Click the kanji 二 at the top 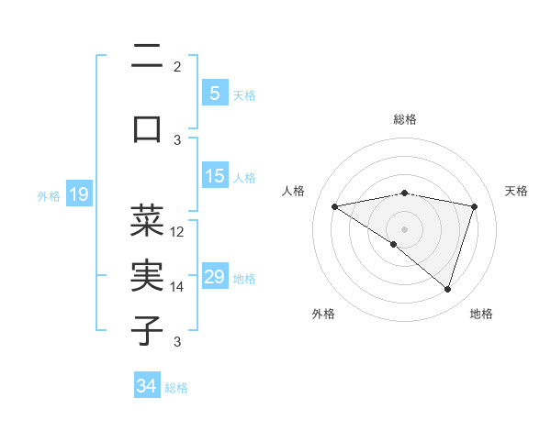coord(148,59)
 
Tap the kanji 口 coord(148,127)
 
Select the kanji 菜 coord(148,220)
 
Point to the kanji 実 coord(148,274)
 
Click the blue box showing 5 coord(214,94)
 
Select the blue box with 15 coord(214,176)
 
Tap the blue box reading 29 coord(214,277)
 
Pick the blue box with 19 coord(78,194)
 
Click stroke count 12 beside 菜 coord(178,232)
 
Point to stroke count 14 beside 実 coord(178,287)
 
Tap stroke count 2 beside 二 coord(177,67)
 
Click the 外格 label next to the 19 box coord(49,195)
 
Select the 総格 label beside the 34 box coord(176,387)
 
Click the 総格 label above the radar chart coord(404,119)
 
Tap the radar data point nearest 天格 coord(474,206)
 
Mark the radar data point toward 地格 coord(447,289)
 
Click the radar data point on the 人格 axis coord(334,206)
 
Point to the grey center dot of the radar coord(404,228)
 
